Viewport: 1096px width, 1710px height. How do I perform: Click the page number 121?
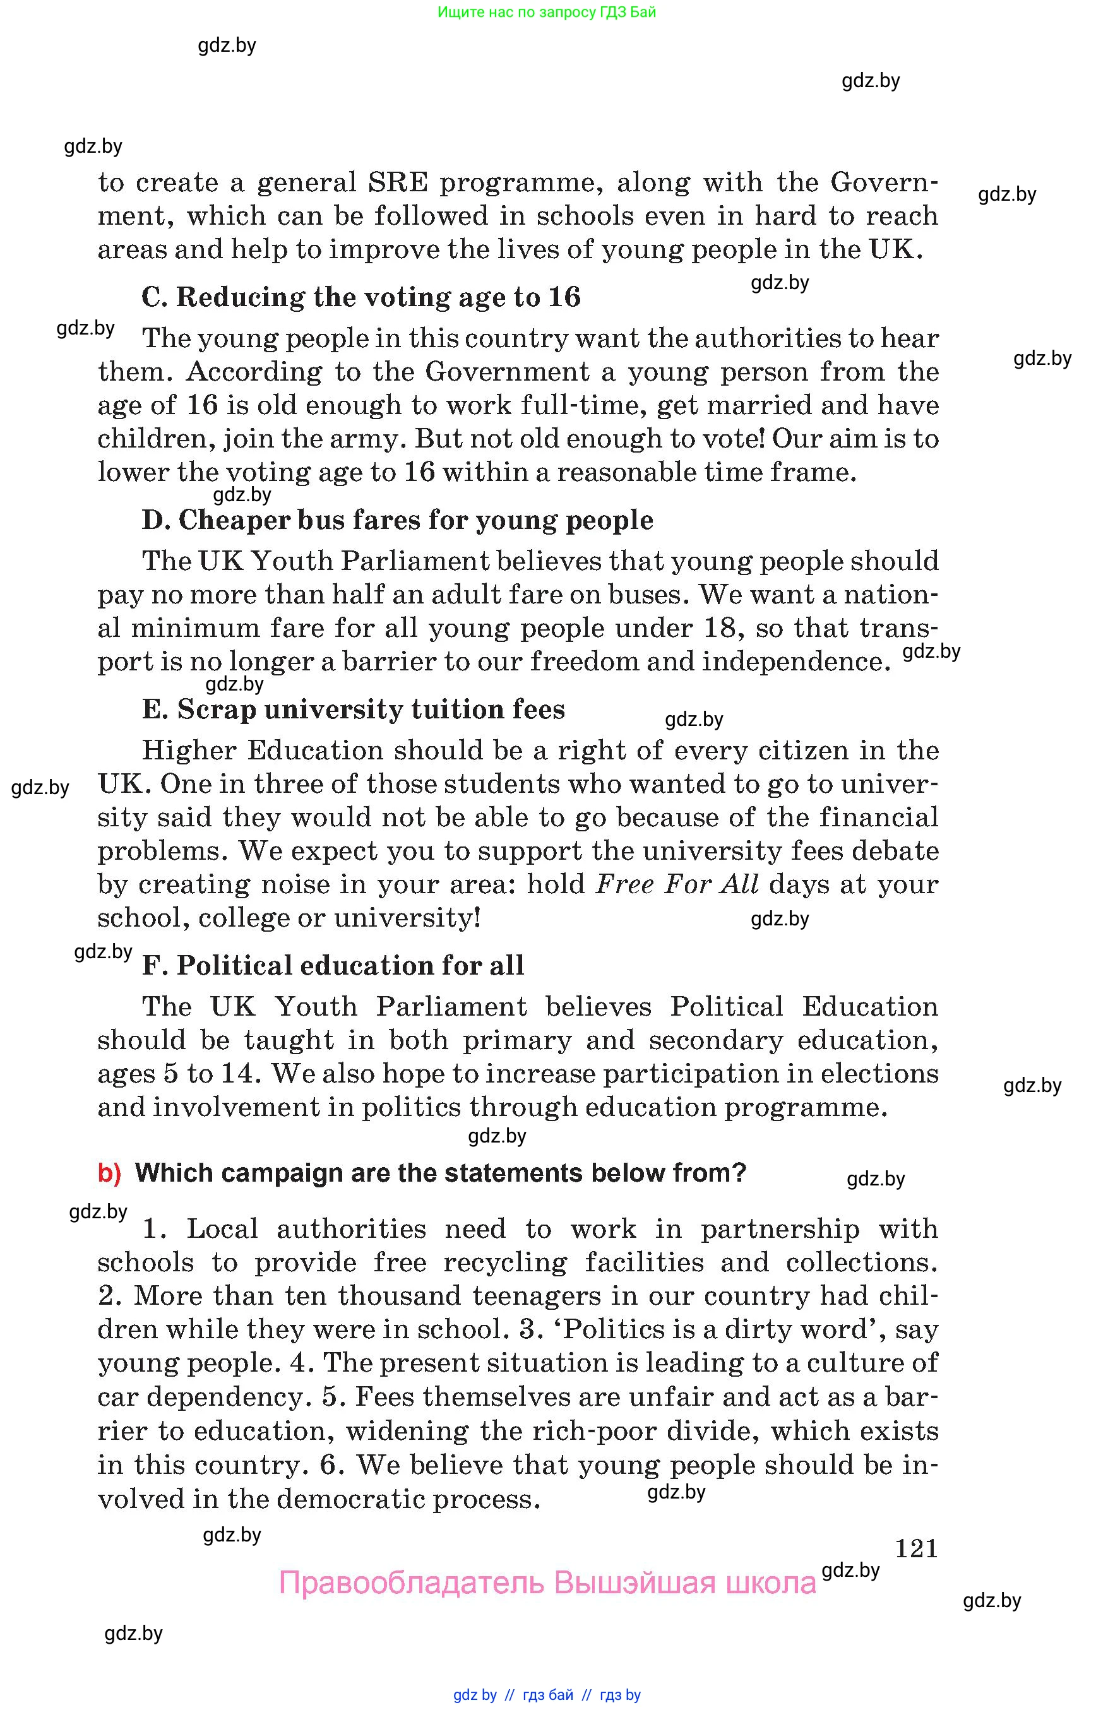916,1548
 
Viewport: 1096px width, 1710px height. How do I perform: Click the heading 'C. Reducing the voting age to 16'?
361,297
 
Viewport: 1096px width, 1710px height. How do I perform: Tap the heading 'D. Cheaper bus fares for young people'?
397,520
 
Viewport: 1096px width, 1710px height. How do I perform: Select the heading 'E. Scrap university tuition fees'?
353,710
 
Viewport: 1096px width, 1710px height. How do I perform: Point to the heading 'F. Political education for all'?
333,966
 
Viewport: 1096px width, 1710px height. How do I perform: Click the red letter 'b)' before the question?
109,1173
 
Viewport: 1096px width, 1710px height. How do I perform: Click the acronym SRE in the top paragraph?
398,183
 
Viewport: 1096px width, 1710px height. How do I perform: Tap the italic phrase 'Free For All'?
677,884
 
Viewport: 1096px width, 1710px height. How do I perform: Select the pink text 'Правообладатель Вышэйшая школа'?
547,1583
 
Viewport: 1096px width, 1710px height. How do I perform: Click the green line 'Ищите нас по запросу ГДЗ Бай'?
547,12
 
